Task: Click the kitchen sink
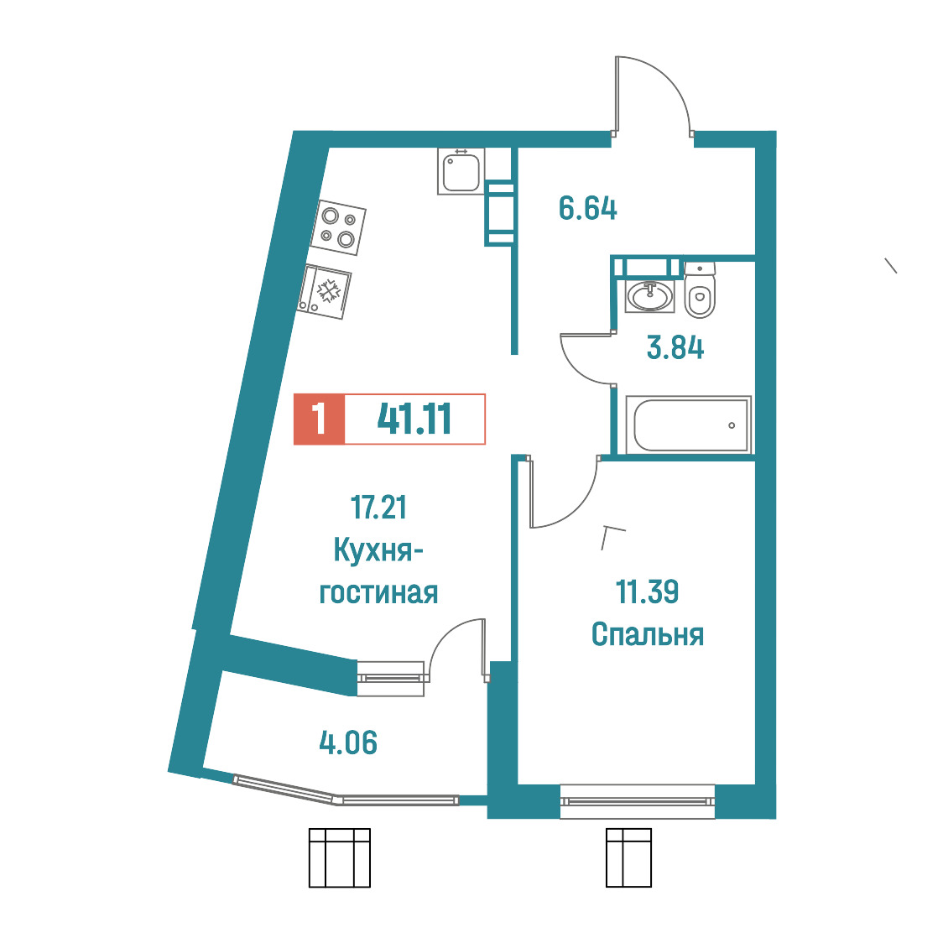[x=461, y=171]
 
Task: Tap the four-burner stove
[x=338, y=227]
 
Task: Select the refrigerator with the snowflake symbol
[x=324, y=292]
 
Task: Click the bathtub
[x=689, y=425]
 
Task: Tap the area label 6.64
[x=587, y=209]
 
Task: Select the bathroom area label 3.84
[x=675, y=347]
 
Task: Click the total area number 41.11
[x=414, y=419]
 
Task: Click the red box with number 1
[x=319, y=419]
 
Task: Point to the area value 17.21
[x=378, y=507]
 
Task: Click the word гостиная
[x=378, y=593]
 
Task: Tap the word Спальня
[x=648, y=634]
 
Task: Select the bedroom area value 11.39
[x=647, y=591]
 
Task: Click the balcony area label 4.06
[x=348, y=742]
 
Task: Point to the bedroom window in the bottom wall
[x=637, y=801]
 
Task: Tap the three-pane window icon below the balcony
[x=339, y=857]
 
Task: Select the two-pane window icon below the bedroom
[x=628, y=857]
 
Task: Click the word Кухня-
[x=378, y=550]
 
